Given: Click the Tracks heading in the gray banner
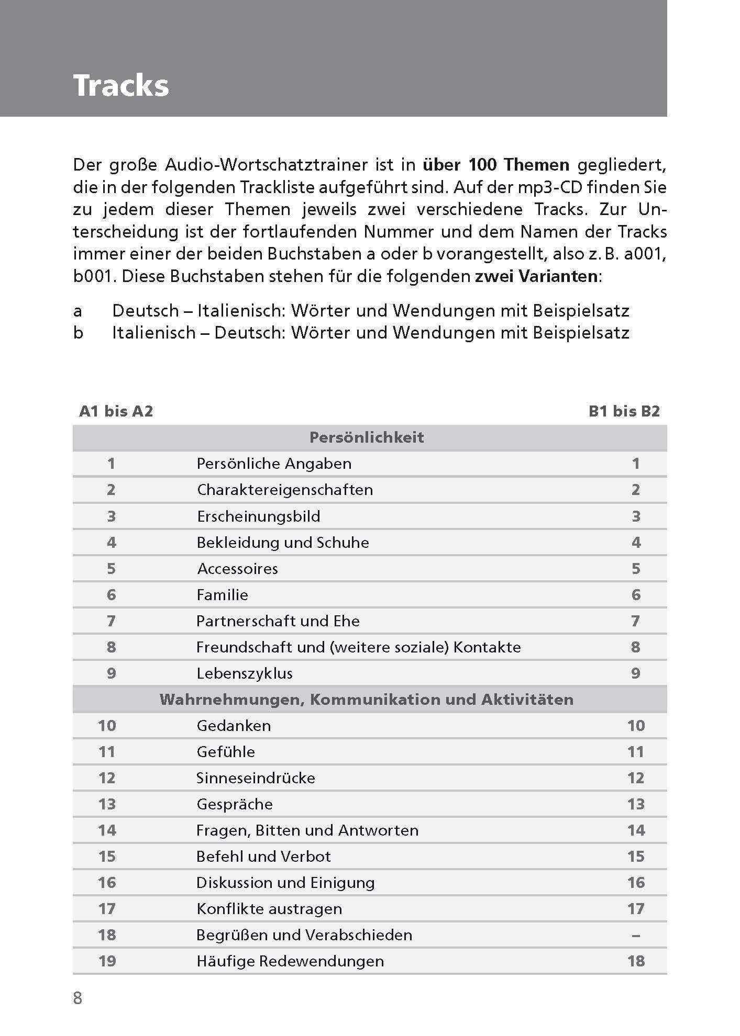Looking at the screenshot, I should coord(121,85).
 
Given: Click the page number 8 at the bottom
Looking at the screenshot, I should coord(78,998).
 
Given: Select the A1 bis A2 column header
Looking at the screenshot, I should coord(116,411).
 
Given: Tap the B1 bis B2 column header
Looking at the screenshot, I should coord(624,411).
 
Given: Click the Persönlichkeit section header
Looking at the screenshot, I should coord(367,437).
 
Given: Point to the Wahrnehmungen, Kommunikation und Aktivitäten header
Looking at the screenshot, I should coord(367,700).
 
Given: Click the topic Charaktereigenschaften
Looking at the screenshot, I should coord(285,490).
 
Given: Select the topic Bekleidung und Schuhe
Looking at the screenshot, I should coord(283,543).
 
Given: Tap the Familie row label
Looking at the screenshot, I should coord(222,595).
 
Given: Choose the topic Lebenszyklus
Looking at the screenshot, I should coord(245,673).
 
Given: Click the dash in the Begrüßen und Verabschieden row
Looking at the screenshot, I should coord(635,935).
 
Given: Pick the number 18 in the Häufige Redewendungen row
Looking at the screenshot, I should coord(636,961).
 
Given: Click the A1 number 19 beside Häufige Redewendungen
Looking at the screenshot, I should coord(107,961).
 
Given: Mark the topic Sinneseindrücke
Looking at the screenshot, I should coord(256,778).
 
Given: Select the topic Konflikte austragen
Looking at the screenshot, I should coord(269,909).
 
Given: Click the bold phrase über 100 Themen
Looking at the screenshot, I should coord(495,165).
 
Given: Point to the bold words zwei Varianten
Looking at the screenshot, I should coord(536,276).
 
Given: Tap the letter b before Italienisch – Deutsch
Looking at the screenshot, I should coord(78,333).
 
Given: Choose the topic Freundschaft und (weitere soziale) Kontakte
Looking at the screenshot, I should coord(358,647).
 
